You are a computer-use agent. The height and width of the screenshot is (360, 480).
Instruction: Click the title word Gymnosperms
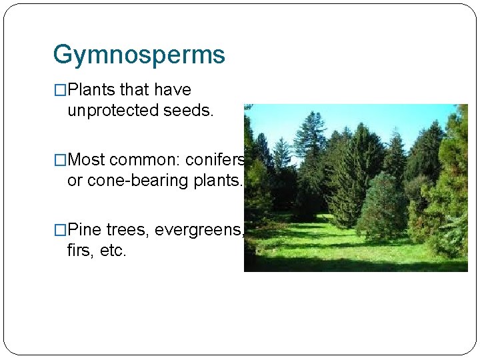click(x=139, y=55)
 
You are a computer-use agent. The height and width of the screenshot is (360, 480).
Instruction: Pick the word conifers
click(x=215, y=160)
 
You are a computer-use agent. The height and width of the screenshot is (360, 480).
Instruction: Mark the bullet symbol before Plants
click(x=60, y=91)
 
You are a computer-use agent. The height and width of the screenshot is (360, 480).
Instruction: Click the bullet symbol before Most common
click(x=60, y=161)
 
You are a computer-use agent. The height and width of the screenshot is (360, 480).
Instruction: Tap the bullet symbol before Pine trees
click(x=60, y=231)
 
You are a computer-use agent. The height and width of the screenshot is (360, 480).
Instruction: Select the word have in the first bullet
click(x=172, y=90)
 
